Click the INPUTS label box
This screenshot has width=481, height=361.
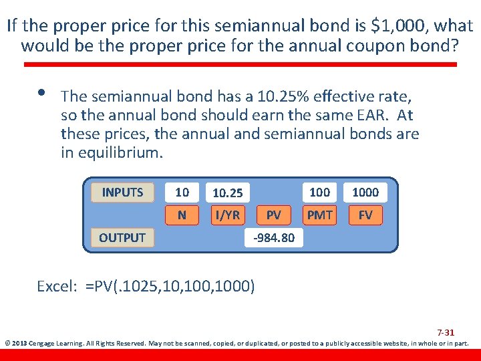click(x=122, y=193)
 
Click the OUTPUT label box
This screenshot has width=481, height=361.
click(x=122, y=237)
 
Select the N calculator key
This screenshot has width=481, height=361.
click(x=182, y=215)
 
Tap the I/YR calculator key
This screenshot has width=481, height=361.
click(x=226, y=215)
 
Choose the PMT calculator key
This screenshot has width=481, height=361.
click(x=319, y=215)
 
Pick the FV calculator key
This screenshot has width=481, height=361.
click(x=365, y=215)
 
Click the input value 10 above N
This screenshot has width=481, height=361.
click(x=182, y=193)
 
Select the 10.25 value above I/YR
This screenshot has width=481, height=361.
click(x=227, y=193)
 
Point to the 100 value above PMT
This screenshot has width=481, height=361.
click(x=319, y=193)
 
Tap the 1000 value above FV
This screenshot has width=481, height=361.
click(x=365, y=193)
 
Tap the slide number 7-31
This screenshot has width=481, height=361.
click(x=446, y=332)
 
